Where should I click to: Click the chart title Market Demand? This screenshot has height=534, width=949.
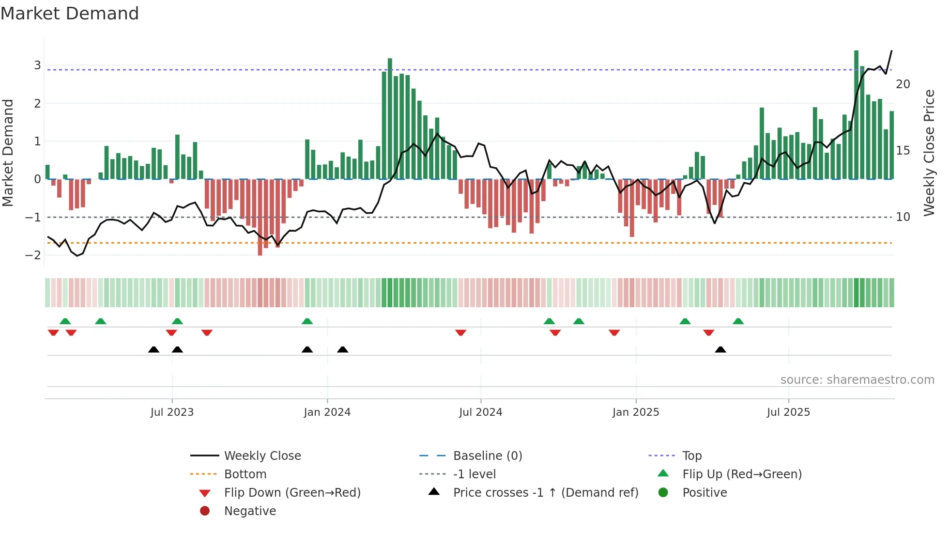click(x=70, y=14)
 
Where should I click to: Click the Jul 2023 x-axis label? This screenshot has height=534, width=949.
click(x=172, y=412)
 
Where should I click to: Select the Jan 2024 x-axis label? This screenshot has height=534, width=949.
click(x=327, y=412)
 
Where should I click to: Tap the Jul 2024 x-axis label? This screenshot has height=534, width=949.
click(x=480, y=412)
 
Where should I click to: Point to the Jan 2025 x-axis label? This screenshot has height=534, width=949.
click(x=635, y=412)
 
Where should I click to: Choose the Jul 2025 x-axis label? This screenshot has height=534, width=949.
click(x=788, y=412)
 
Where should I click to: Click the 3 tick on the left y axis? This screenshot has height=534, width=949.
click(x=37, y=65)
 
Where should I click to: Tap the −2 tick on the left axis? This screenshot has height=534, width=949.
click(x=33, y=255)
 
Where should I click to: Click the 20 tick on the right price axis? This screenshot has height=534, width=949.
click(x=903, y=84)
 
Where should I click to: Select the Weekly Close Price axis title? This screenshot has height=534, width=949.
click(x=929, y=153)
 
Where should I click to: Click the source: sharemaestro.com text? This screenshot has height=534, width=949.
click(x=857, y=380)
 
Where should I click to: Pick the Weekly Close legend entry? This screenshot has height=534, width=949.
click(x=262, y=456)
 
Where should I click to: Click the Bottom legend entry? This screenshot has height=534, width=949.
click(x=245, y=474)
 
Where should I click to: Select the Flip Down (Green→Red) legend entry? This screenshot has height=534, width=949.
click(x=292, y=493)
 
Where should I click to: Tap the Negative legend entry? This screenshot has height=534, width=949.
click(x=250, y=511)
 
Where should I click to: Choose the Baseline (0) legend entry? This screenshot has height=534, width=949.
click(x=487, y=456)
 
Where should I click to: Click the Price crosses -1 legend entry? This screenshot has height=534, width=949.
click(x=545, y=493)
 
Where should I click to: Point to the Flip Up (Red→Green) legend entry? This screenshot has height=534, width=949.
click(x=742, y=474)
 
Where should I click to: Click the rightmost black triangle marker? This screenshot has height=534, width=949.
click(x=720, y=350)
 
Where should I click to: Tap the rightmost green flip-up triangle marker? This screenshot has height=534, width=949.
click(x=738, y=321)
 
